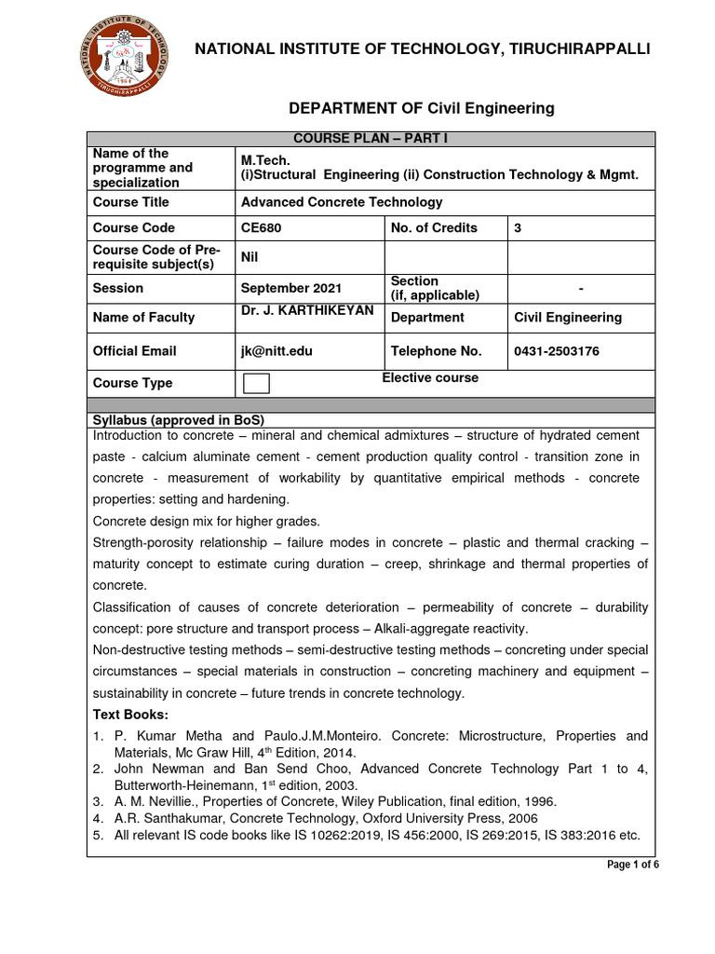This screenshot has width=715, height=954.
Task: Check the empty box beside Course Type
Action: tap(256, 383)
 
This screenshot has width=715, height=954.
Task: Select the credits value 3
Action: tap(519, 227)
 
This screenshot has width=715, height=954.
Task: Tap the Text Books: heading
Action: tap(130, 714)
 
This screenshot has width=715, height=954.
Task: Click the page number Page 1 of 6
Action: tap(633, 865)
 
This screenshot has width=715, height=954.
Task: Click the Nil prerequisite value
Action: tap(250, 257)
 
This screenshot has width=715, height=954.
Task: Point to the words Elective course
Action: tap(430, 377)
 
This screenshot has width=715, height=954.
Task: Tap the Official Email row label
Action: tap(134, 351)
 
